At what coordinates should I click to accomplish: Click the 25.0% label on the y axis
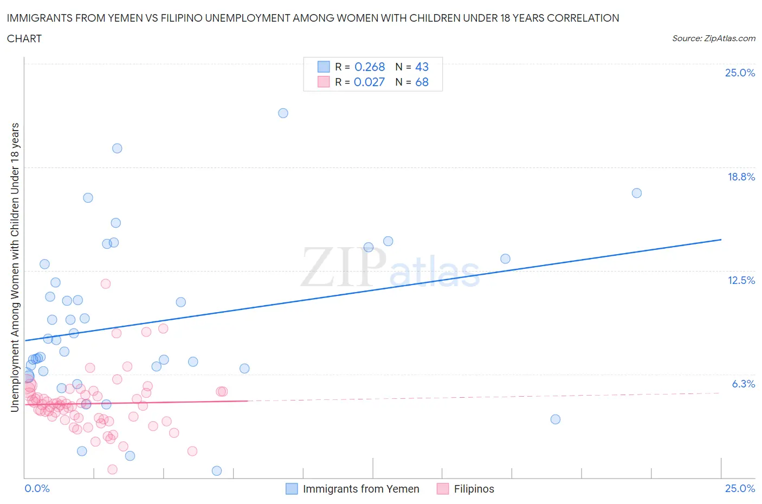(740, 73)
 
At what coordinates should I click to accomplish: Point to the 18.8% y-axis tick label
(741, 177)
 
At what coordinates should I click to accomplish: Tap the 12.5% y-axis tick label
(741, 280)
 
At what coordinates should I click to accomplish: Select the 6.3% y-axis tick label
(743, 384)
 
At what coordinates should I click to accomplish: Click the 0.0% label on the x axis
(37, 488)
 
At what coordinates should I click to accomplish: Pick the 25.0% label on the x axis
(740, 488)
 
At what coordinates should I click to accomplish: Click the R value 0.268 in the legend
(369, 67)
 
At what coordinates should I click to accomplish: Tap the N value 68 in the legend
(422, 82)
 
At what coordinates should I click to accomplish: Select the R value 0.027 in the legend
(369, 82)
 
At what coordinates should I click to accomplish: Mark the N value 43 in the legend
(422, 67)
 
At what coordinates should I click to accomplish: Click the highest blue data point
(283, 113)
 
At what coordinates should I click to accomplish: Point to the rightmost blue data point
(637, 193)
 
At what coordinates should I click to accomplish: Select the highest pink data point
(106, 283)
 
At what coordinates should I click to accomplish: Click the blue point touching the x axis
(217, 470)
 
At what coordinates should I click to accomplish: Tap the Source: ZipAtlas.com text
(713, 38)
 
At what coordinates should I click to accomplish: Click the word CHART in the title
(24, 38)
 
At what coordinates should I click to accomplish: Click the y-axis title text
(15, 267)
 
